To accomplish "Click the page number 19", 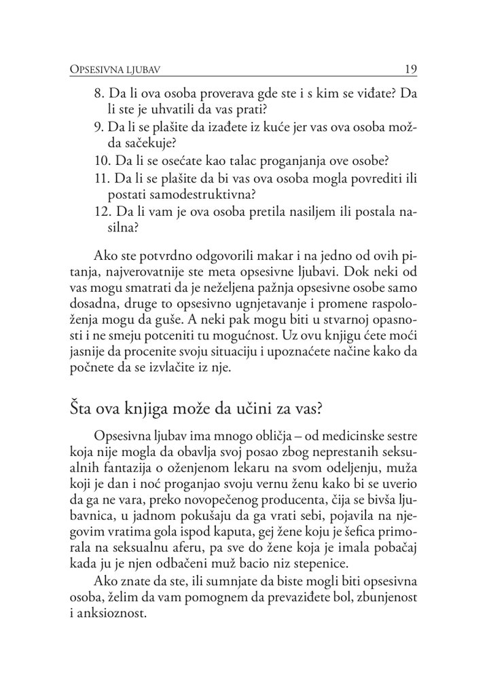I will pyautogui.click(x=410, y=69).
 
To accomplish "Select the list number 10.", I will pyautogui.click(x=101, y=162).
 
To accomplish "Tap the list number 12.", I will pyautogui.click(x=101, y=212).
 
